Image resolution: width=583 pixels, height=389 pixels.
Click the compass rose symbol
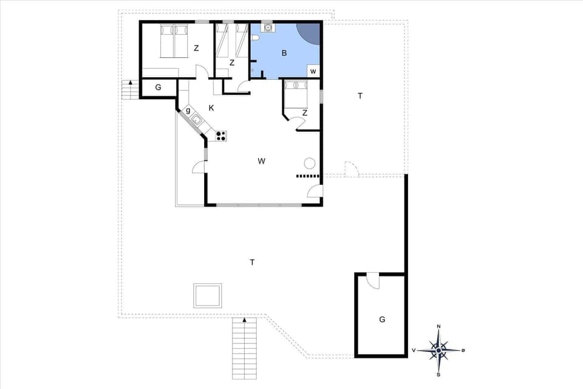coord(438,350)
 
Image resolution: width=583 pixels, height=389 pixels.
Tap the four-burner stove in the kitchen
coord(221,136)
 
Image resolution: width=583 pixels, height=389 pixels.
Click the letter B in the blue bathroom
coord(284,53)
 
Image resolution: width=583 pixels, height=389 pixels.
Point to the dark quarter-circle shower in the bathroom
coord(308,33)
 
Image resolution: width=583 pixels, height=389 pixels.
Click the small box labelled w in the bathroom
coord(313,71)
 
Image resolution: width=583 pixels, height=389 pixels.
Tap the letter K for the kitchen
coord(211,108)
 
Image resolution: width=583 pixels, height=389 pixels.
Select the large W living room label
coord(261,161)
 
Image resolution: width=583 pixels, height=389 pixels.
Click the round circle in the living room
coord(309,163)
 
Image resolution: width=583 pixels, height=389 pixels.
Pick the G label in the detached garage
coord(382,318)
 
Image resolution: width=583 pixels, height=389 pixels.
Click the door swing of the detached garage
coord(372,281)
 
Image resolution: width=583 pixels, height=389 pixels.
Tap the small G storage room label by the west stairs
coord(158,88)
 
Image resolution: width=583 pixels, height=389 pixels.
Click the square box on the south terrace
coord(207,295)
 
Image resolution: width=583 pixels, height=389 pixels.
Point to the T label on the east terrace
coord(360,95)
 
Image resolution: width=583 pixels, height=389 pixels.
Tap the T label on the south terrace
coord(252,262)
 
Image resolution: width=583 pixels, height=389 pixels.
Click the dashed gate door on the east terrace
coord(352,170)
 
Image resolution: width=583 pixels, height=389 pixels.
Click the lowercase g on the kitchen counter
coord(188,111)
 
